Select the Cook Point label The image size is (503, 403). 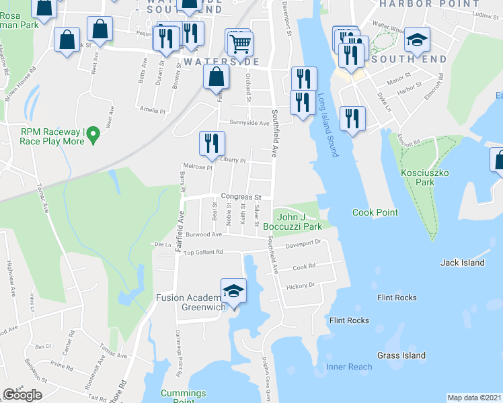pos(375,213)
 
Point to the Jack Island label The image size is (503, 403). pos(463,263)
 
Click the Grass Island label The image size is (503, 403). pos(401,355)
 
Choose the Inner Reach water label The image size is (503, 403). pos(349,367)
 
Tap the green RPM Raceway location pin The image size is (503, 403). pos(93,136)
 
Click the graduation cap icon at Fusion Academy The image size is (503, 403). pos(233,291)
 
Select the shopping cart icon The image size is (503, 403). pos(240,44)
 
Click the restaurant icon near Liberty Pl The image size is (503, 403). pos(211,143)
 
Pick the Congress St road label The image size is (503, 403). pos(241,197)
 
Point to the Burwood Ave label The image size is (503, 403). pos(204,235)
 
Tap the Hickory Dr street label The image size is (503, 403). pos(301,285)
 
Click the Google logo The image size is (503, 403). pos(22,395)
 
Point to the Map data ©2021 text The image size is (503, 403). pos(475,398)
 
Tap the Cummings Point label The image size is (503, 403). pos(183,396)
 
